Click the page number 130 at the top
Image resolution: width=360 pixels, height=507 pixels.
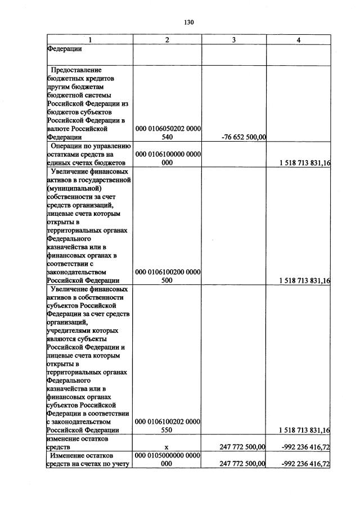(x=188, y=22)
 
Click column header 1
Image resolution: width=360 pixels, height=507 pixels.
(x=89, y=40)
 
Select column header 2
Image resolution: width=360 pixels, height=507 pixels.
(x=167, y=40)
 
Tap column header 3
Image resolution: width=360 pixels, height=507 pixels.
(x=234, y=40)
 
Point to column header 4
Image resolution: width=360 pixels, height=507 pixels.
(x=299, y=40)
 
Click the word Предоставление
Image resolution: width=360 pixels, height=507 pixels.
(x=76, y=70)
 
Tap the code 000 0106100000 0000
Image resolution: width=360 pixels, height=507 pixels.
(x=167, y=154)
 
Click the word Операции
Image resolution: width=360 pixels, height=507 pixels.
(x=65, y=146)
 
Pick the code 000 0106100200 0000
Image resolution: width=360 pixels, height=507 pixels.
(x=167, y=272)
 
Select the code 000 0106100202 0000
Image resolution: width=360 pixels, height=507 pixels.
(x=167, y=421)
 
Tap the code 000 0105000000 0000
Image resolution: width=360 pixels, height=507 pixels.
(x=167, y=455)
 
